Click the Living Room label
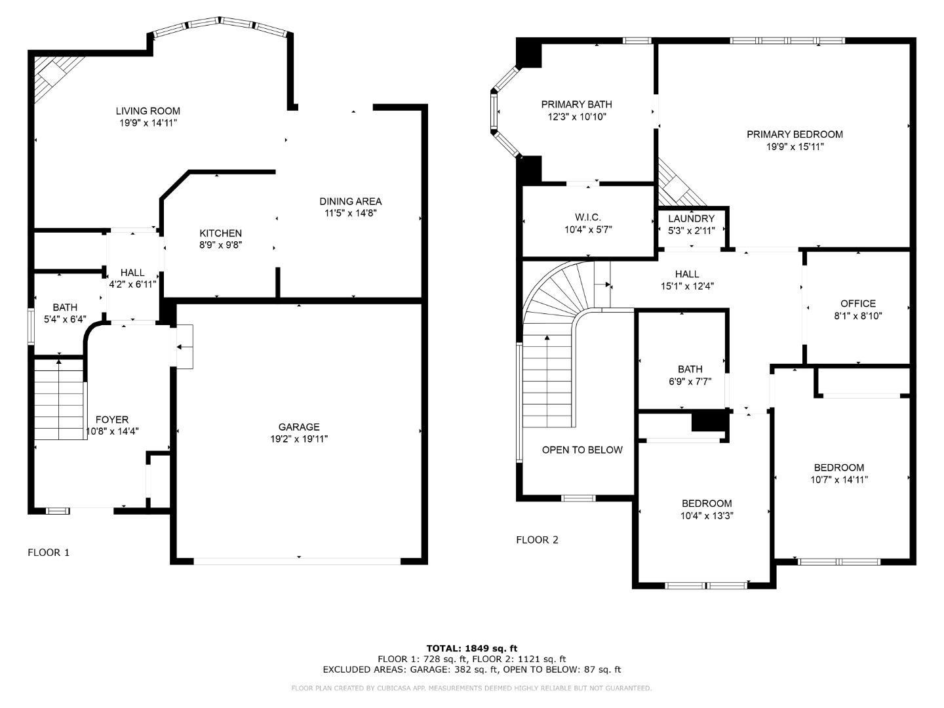click(147, 111)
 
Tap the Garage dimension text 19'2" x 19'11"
click(299, 439)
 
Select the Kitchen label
click(220, 233)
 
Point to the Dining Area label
click(350, 201)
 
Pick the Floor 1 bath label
click(65, 307)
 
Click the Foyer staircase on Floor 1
click(59, 400)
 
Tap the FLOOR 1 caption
click(49, 553)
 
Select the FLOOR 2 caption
click(537, 540)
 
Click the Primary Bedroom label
click(795, 134)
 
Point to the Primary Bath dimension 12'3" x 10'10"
click(576, 117)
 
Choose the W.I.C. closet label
click(587, 218)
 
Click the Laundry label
click(691, 218)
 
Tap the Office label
click(857, 304)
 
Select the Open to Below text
click(582, 450)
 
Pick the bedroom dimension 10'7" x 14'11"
click(839, 479)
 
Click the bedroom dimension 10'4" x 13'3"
click(707, 515)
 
